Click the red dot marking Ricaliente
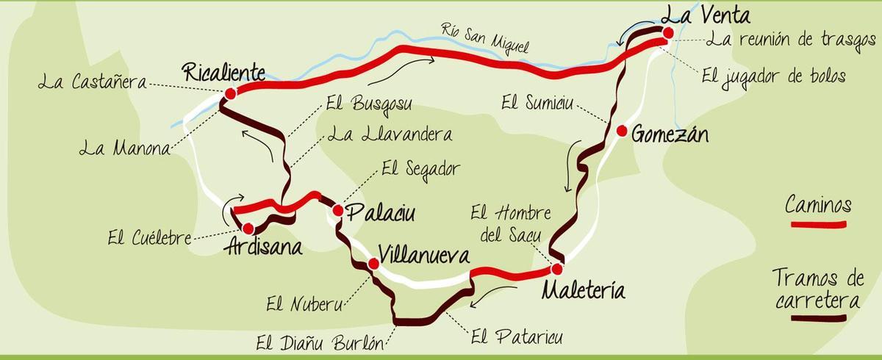(x=231, y=93)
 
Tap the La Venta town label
(x=705, y=15)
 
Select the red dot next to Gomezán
(x=622, y=132)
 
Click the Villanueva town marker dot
(x=373, y=264)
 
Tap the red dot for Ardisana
(x=248, y=228)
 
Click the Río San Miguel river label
(x=485, y=39)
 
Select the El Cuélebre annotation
(x=149, y=237)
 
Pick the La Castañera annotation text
(x=93, y=82)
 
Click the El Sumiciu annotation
(x=537, y=101)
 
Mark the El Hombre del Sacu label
(x=511, y=224)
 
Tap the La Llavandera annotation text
(x=390, y=135)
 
